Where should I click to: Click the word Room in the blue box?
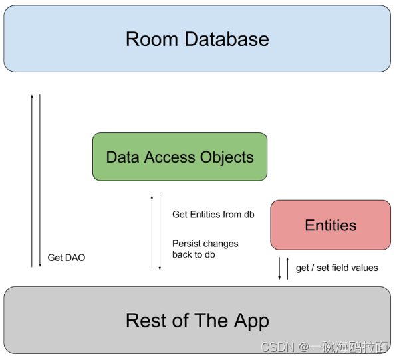152,39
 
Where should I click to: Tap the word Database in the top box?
225,39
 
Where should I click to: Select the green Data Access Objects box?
180,157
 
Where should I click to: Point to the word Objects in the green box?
226,157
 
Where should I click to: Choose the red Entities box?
331,225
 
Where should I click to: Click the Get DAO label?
66,258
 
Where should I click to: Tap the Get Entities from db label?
213,215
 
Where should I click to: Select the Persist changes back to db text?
205,249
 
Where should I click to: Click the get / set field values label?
336,268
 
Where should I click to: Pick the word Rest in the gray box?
146,321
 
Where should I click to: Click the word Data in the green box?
122,157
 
